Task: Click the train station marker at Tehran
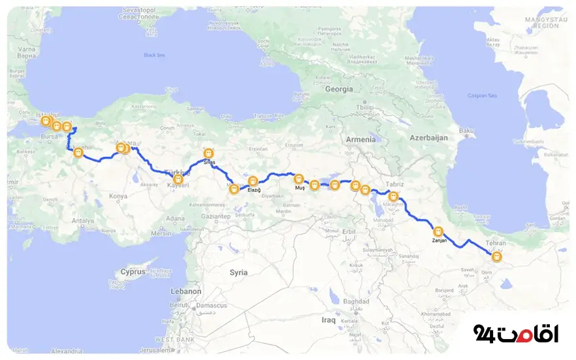498,257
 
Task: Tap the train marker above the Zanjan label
438,231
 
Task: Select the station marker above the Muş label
298,178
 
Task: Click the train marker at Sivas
208,154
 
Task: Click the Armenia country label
360,139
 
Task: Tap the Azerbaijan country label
428,138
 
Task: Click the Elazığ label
254,189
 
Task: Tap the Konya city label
118,196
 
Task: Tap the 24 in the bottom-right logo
484,334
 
